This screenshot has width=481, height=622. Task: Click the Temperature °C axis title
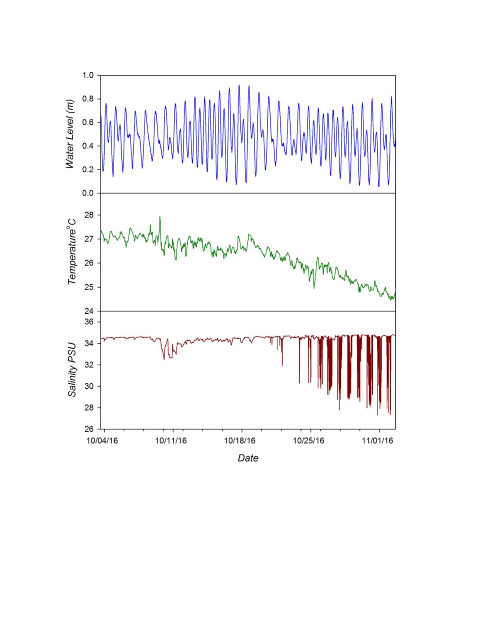coord(72,252)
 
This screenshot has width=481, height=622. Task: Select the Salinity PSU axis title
coord(72,369)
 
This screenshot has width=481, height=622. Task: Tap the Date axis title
coord(248,458)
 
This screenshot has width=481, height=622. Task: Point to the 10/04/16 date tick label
coord(102,441)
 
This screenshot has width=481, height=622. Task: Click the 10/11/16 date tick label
coord(171,441)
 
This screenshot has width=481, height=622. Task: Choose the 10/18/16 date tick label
coord(240,441)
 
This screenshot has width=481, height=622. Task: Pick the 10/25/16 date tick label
coord(309,441)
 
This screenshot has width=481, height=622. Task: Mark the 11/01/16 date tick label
coord(378,441)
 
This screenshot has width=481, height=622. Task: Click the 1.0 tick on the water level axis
coord(88,75)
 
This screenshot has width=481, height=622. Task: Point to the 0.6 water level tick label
coord(88,123)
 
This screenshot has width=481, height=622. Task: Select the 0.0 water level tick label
coord(88,193)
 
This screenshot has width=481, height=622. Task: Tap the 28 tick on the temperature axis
coord(90,215)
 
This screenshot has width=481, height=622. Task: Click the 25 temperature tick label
coord(90,287)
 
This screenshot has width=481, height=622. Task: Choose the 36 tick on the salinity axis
coord(90,322)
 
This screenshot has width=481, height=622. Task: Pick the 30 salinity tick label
coord(90,386)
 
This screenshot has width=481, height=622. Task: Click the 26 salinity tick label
coord(90,429)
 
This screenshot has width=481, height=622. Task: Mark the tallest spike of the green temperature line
coord(160,217)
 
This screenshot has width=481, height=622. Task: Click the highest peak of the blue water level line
coord(239,85)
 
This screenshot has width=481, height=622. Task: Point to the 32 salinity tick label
coord(90,365)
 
